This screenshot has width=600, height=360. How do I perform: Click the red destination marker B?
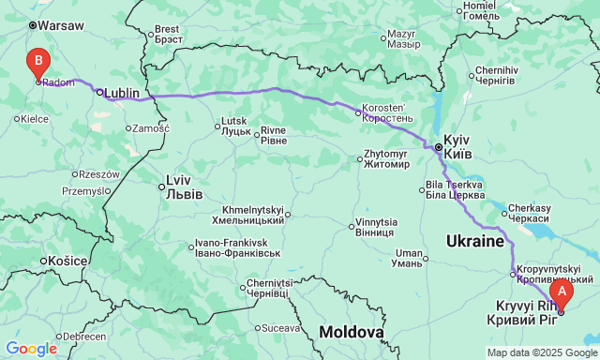pyautogui.click(x=37, y=64)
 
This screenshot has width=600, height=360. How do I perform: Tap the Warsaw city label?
pyautogui.click(x=61, y=26)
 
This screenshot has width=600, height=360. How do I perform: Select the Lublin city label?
pyautogui.click(x=122, y=93)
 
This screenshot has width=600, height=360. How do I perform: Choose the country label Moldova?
pyautogui.click(x=351, y=332)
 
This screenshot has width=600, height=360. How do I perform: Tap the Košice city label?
pyautogui.click(x=69, y=260)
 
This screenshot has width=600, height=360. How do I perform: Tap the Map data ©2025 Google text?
pyautogui.click(x=541, y=352)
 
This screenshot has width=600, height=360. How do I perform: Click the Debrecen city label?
pyautogui.click(x=84, y=336)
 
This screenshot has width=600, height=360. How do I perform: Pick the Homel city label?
pyautogui.click(x=480, y=12)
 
